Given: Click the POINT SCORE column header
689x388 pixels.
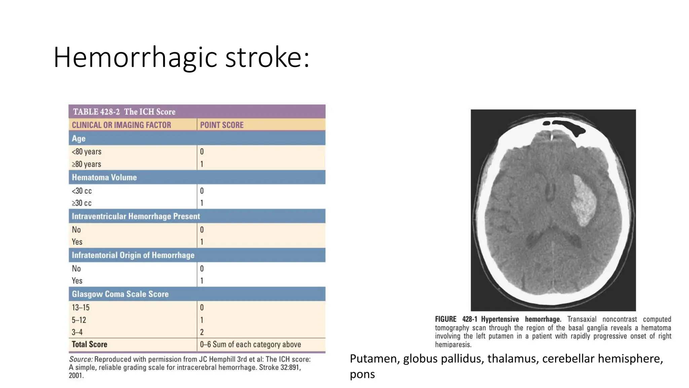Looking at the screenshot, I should pos(222,125).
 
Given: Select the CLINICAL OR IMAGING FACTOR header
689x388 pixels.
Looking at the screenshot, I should pos(121,125).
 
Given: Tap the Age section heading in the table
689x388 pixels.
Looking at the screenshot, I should pos(79,138).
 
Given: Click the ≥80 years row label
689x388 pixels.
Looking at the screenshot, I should pos(86,164).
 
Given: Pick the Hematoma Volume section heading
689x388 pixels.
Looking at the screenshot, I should pos(104,177).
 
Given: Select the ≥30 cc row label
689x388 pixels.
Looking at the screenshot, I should pos(82,203).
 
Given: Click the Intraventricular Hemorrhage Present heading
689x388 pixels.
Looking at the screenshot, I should pos(136,216).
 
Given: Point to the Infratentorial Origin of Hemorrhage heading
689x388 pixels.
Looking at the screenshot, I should pos(133,255).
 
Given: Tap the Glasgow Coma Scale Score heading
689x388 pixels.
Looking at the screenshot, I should pos(120,294).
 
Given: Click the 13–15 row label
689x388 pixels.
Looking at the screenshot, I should pos(81,308).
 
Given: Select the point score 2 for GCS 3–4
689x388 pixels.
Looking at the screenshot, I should pos(202,332).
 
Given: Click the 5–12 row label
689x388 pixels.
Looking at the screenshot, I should pos(79,320).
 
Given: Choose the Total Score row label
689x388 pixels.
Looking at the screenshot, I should pos(89,344).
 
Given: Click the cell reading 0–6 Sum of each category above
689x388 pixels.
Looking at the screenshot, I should pos(250,344).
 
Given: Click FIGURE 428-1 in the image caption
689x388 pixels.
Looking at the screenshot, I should pos(456,319).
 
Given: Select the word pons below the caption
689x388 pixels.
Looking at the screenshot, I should pos(362,375).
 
